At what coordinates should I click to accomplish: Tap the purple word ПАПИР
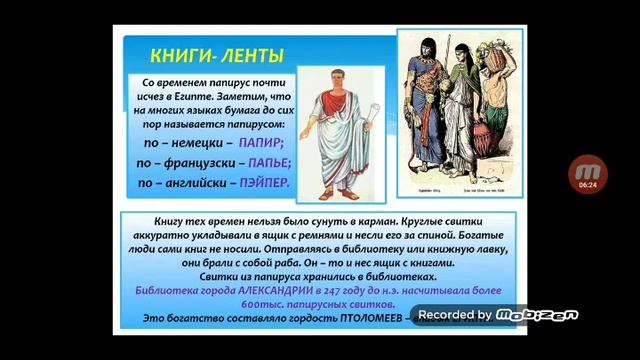tap(262, 143)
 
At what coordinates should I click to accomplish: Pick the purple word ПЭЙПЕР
tap(265, 182)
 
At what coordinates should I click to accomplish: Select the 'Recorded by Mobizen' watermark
tap(498, 315)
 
